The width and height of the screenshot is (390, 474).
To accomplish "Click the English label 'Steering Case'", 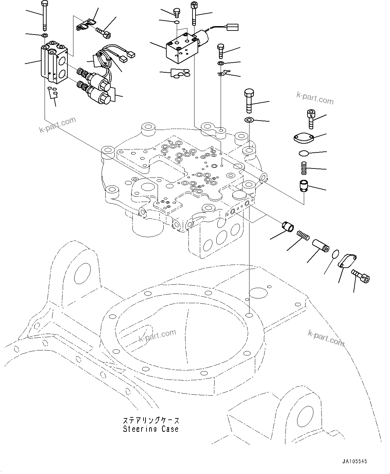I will point(151,429).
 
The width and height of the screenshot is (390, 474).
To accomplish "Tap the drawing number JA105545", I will point(355,461).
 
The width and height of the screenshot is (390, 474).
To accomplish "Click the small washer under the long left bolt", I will point(44,35).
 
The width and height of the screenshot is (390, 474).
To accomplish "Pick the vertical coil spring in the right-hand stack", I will point(303,167).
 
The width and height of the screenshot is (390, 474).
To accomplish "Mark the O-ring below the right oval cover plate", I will point(303,153).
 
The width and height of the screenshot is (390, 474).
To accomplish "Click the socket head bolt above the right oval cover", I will point(310,119).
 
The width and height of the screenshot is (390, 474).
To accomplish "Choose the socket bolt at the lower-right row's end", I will point(360,276).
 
